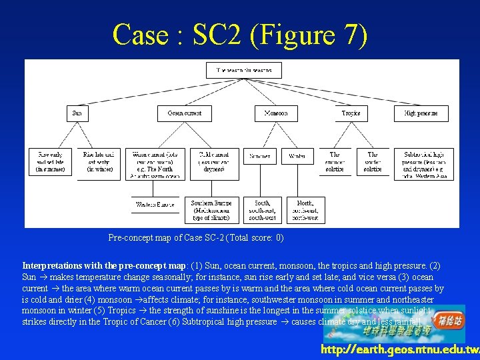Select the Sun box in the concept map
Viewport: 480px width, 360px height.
point(77,113)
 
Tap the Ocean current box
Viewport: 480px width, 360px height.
point(183,113)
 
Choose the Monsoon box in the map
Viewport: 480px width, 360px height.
point(276,113)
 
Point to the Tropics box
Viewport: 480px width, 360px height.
point(351,113)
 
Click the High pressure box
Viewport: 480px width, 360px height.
point(421,113)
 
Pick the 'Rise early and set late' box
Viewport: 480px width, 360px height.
point(51,163)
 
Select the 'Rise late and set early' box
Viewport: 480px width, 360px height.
point(99,163)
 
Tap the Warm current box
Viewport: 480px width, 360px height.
point(153,163)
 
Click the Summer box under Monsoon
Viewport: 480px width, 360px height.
point(260,157)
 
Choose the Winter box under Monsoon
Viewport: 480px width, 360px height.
point(297,157)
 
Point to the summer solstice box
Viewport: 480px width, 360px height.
point(335,161)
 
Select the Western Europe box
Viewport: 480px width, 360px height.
point(154,205)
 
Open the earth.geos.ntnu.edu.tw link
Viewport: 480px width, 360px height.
point(399,350)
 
